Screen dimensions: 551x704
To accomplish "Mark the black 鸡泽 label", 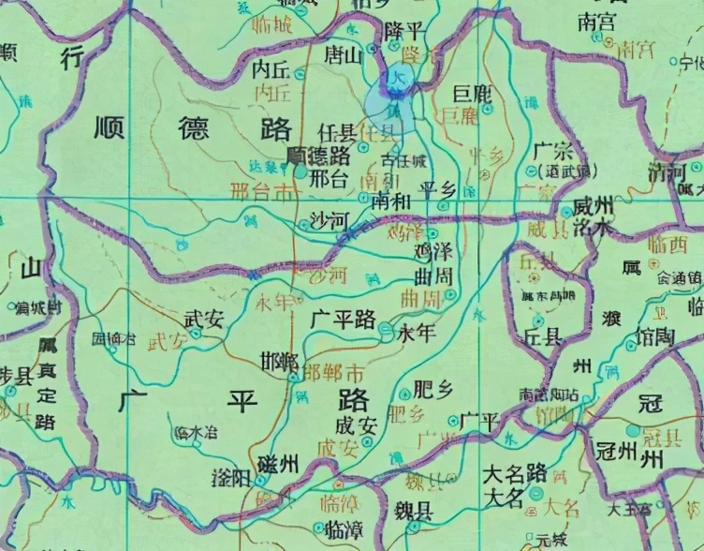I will [433, 253].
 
